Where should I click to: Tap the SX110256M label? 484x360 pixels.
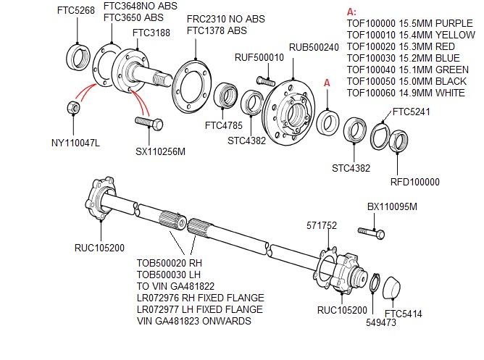(161, 151)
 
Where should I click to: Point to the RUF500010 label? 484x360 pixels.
(259, 58)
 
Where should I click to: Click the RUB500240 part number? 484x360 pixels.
(314, 48)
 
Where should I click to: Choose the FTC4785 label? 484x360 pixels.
(223, 125)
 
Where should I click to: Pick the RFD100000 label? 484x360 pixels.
(414, 182)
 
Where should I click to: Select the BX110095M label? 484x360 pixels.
(392, 206)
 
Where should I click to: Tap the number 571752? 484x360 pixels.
(322, 225)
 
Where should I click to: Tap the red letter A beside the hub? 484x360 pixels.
(327, 83)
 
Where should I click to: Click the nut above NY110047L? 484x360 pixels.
(73, 108)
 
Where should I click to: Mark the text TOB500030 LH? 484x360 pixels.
(168, 275)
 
